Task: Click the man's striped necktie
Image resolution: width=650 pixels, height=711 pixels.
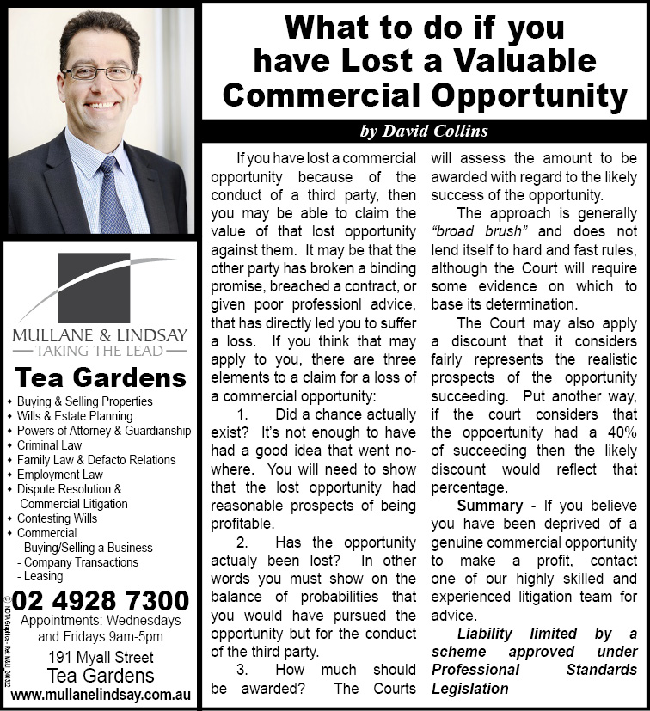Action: click(112, 198)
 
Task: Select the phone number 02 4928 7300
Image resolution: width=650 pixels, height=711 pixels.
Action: click(101, 599)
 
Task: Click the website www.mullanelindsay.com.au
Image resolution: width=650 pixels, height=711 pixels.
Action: click(101, 693)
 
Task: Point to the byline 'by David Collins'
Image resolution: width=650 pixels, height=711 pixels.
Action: click(424, 131)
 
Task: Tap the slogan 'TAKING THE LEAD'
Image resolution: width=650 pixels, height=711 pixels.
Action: click(100, 352)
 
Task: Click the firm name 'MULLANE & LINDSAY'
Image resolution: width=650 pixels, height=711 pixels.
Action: click(100, 334)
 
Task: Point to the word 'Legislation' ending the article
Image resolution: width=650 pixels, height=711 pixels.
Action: click(469, 688)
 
